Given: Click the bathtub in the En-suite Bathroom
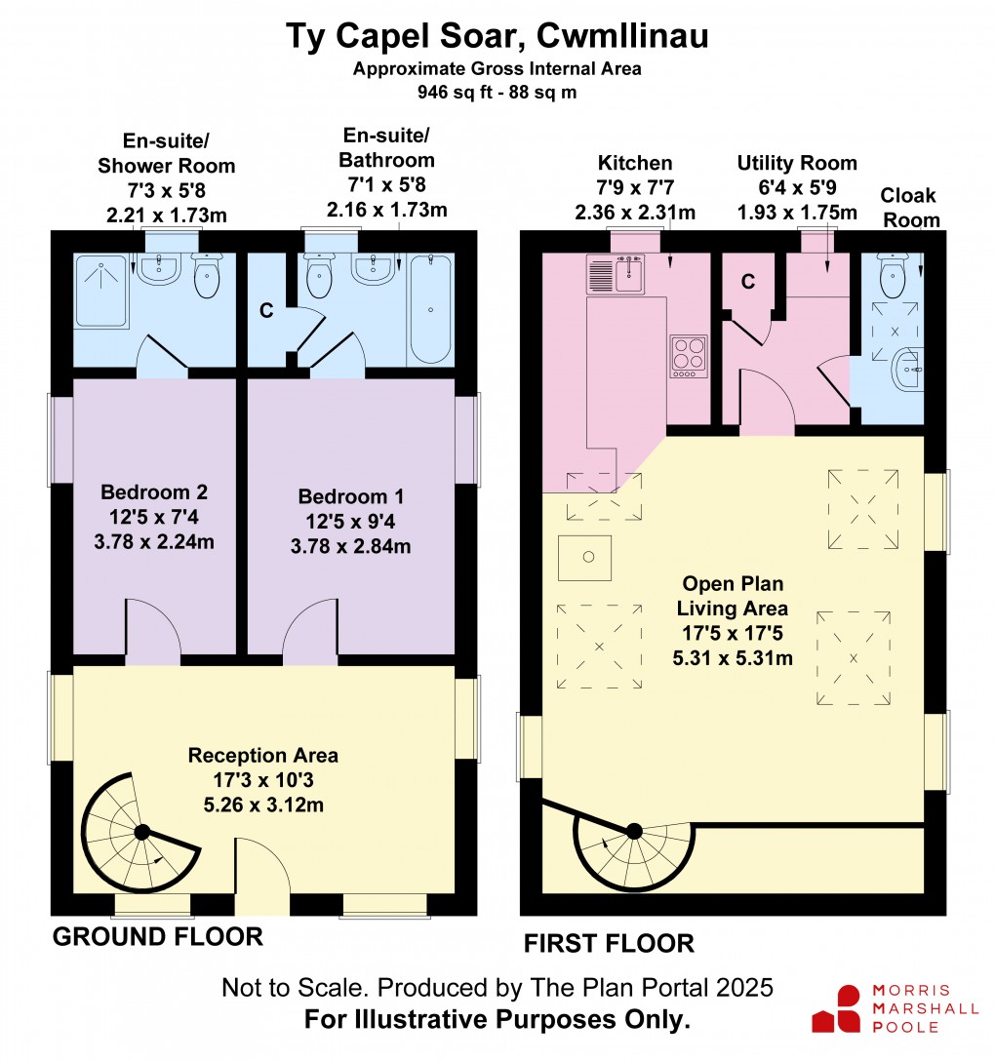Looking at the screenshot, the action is pos(430,309).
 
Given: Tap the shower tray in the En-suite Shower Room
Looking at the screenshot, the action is pos(100,291).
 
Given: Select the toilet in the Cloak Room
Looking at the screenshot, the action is pos(892,275).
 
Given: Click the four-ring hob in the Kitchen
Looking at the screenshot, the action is pos(689,356).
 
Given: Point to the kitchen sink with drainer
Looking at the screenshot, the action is pos(616,274).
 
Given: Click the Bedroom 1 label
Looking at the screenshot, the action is pos(350,496).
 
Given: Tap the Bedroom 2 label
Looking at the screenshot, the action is pos(154,491).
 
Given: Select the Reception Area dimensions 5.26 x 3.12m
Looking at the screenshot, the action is pos(263,805).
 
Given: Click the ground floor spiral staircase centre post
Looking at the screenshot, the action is pos(142,832).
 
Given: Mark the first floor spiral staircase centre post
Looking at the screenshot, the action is pos(634,831).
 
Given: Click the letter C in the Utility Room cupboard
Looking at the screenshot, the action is pos(748,282).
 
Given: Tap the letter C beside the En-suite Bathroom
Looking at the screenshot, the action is pos(266,310).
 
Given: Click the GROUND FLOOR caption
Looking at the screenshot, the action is pos(158,936).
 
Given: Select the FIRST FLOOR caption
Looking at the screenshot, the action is pos(609,943).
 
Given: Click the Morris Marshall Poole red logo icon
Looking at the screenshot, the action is pos(837,1008).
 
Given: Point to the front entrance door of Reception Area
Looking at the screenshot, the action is pos(262,877).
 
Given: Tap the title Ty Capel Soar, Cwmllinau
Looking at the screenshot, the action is pos(497,36).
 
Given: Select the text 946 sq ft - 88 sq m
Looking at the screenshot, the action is pos(497,92).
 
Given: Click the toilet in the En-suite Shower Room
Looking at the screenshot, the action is pos(207,275).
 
